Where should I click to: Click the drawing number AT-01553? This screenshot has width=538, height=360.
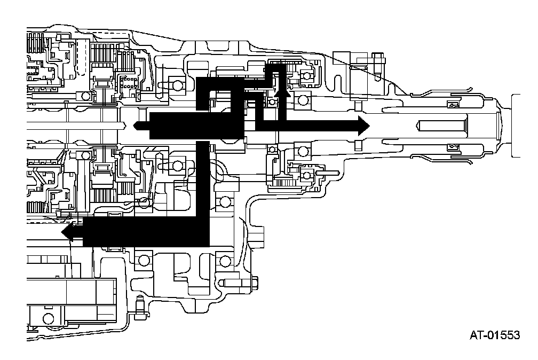click(x=494, y=335)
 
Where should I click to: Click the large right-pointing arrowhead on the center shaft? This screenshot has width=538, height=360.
click(x=362, y=126)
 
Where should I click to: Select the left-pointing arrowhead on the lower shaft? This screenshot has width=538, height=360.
click(x=68, y=232)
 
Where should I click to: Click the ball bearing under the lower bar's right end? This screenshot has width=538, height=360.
click(x=225, y=261)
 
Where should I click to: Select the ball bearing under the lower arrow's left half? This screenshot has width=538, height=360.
click(x=143, y=260)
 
